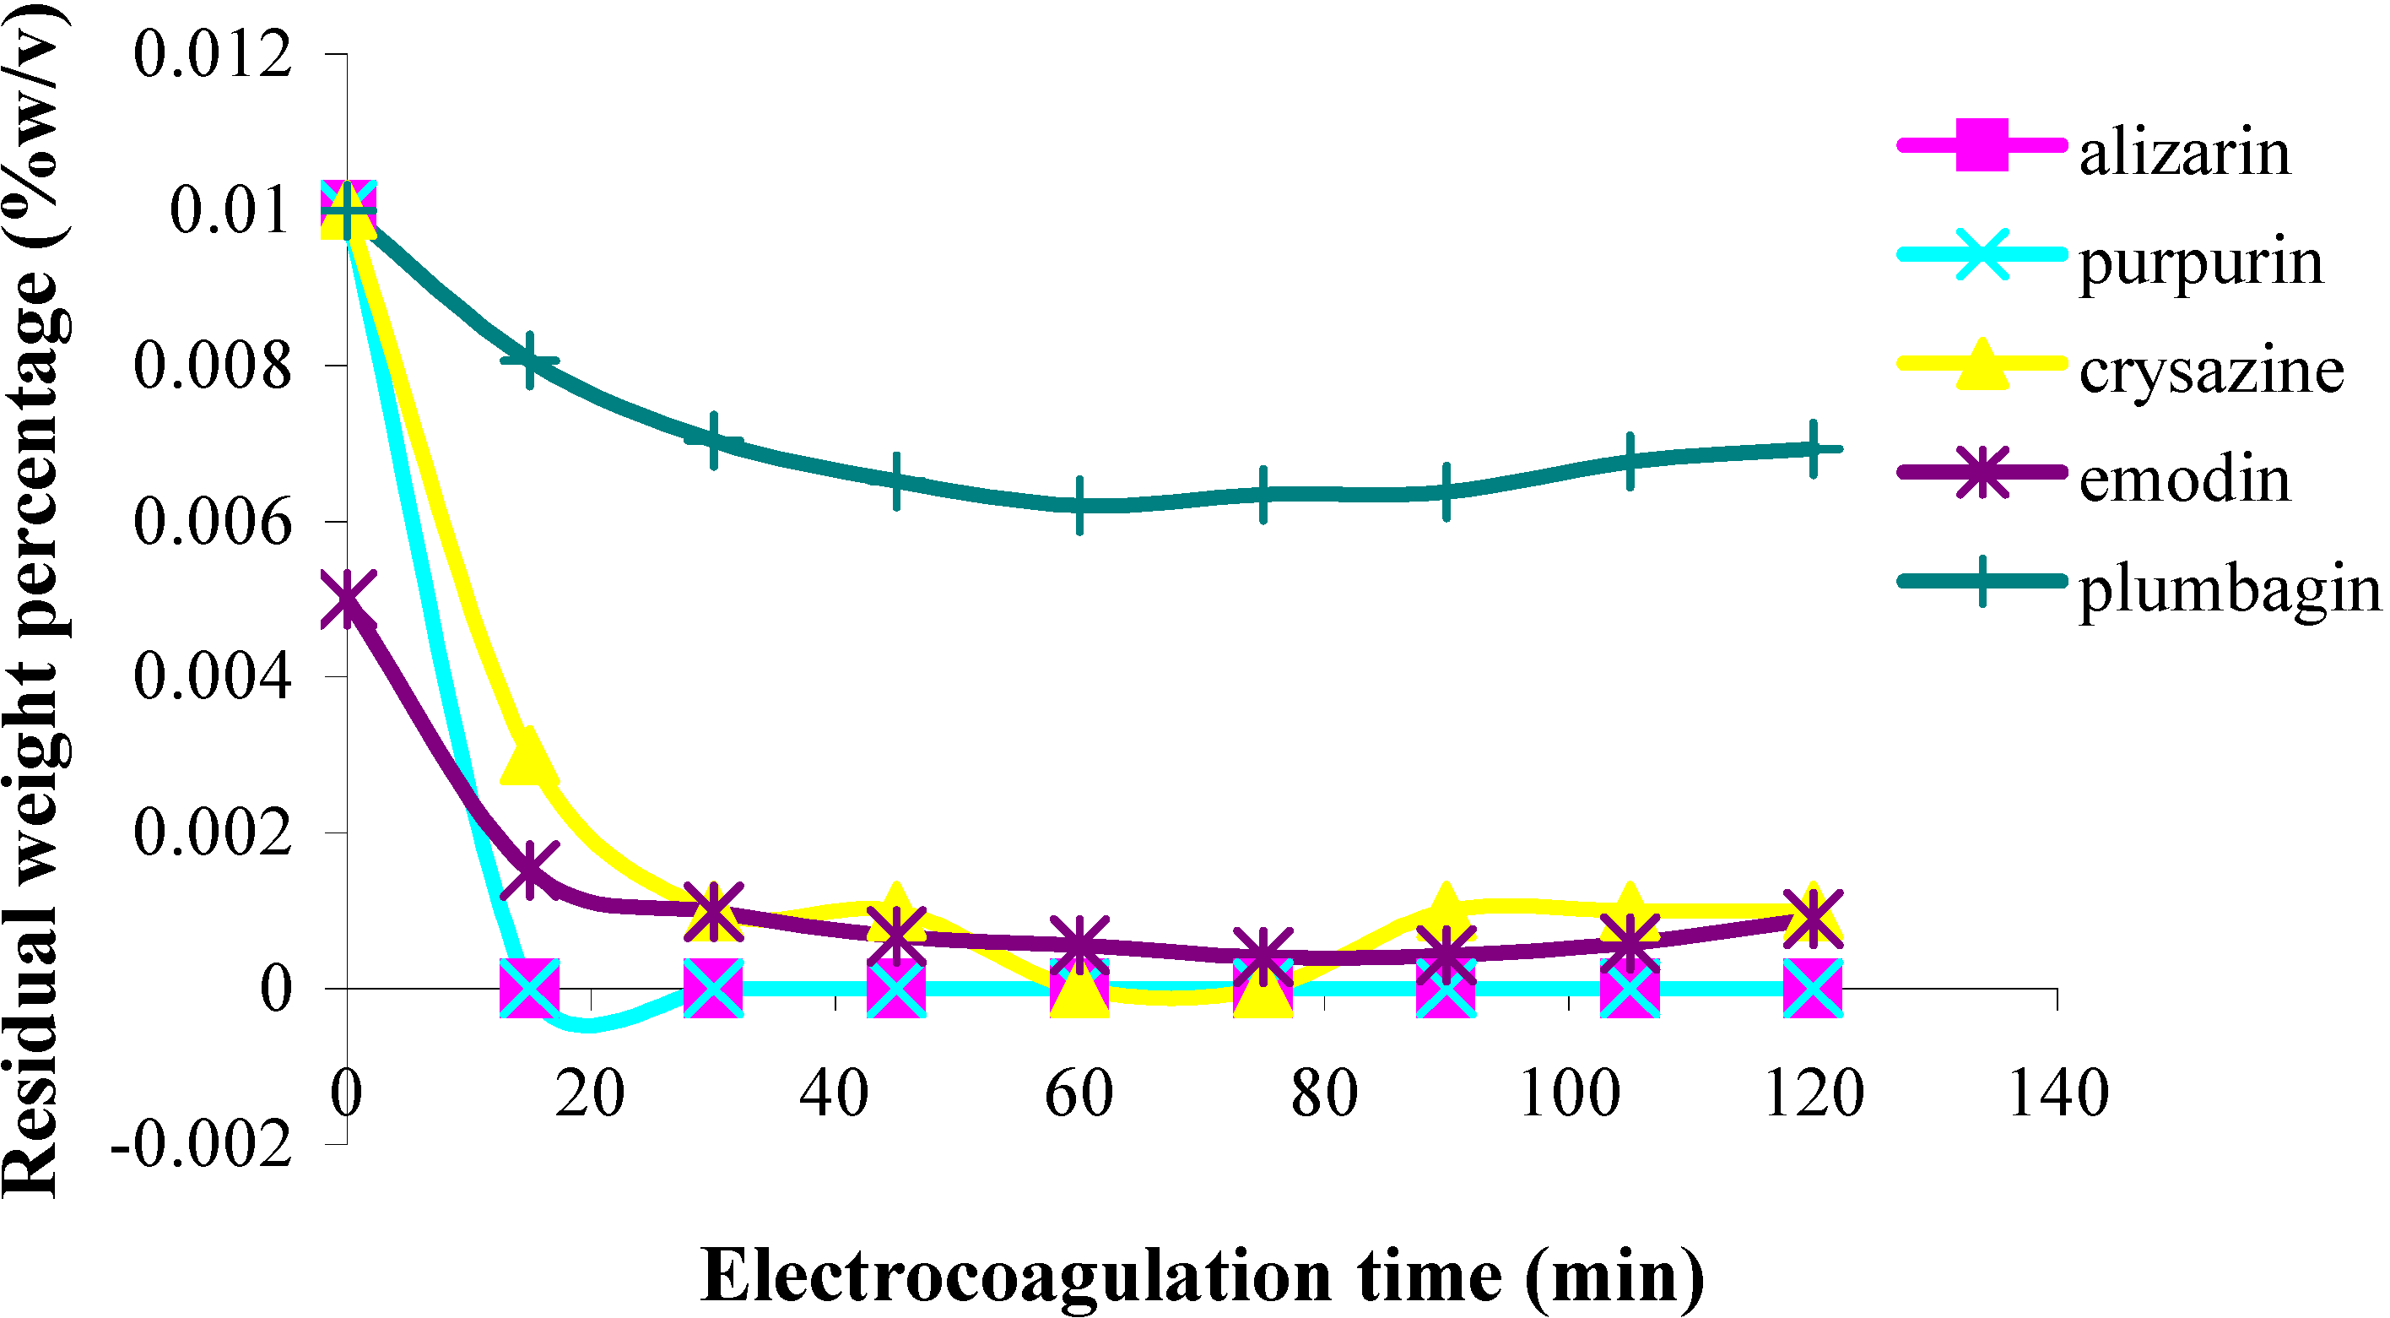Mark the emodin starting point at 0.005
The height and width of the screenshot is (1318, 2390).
[347, 599]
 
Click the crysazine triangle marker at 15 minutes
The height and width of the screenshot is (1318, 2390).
[529, 757]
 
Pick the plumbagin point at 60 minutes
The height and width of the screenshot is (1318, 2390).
[1080, 505]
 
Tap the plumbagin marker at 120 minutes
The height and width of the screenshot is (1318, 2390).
[1812, 448]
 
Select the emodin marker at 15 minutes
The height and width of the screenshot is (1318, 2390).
[529, 870]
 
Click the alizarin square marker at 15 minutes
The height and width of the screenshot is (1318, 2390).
[529, 989]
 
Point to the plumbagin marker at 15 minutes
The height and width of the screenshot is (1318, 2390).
[529, 361]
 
